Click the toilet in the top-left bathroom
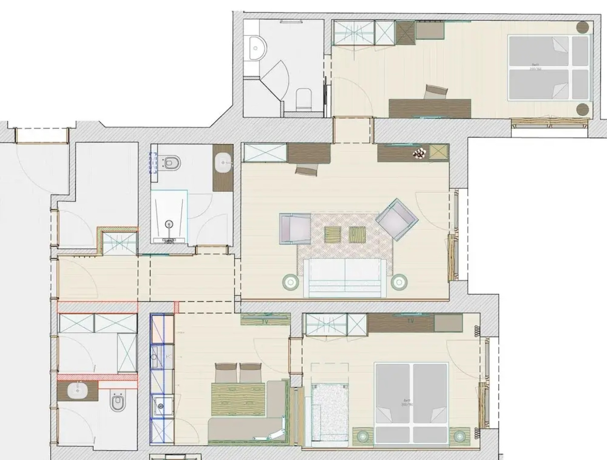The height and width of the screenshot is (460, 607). click(304, 98)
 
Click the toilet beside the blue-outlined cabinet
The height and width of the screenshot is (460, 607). click(171, 162)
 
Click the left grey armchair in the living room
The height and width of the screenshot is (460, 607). click(294, 229)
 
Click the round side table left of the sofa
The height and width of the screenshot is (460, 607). click(291, 282)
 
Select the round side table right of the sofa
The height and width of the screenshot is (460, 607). click(399, 281)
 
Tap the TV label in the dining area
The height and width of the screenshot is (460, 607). click(265, 322)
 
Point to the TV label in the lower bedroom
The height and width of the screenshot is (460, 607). click(410, 321)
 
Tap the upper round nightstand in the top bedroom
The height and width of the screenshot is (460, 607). click(583, 28)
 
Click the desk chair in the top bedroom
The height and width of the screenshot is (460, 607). click(436, 92)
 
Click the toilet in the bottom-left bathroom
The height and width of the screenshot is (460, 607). click(116, 401)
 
